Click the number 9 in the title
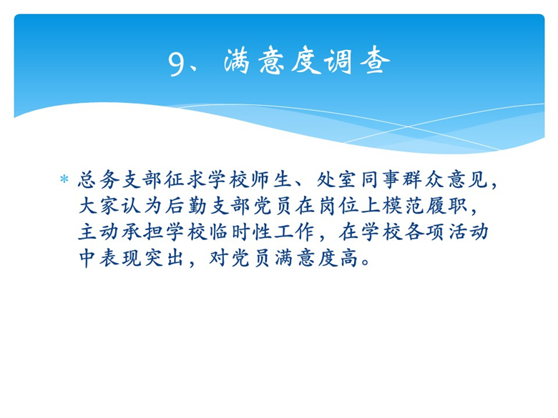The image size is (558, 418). [x=177, y=64]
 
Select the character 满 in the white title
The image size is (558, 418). [x=237, y=61]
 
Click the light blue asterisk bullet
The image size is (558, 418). [x=64, y=179]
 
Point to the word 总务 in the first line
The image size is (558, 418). [x=99, y=179]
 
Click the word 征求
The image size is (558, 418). [x=185, y=179]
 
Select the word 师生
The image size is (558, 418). [x=271, y=179]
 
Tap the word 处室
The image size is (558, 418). [x=336, y=179]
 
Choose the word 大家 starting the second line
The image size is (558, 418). [x=99, y=206]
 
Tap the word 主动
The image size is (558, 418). [x=99, y=232]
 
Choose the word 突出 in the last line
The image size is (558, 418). [x=164, y=259]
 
